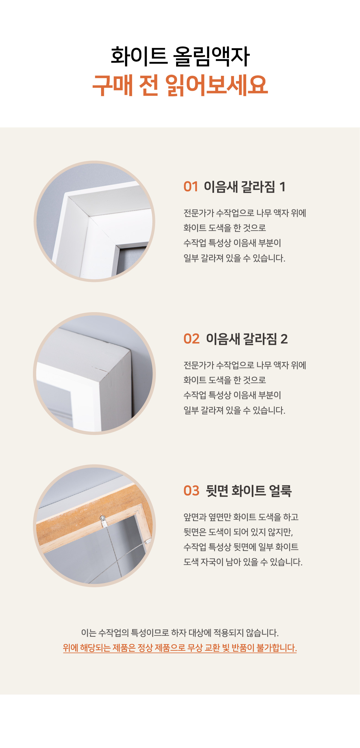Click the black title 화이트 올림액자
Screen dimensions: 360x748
[180, 56]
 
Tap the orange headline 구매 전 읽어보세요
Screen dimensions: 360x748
[180, 85]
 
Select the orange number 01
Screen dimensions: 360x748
[191, 187]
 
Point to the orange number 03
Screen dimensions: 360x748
[191, 491]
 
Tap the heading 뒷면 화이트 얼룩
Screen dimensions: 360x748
[249, 491]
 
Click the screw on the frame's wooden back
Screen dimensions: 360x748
[102, 518]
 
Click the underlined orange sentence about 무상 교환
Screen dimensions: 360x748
[180, 648]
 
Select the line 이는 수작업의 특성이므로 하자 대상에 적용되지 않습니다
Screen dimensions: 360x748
[180, 633]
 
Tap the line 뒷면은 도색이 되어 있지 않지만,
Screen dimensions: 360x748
[238, 532]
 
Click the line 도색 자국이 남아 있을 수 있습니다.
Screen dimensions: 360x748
[243, 562]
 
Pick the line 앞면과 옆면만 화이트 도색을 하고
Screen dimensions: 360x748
[241, 517]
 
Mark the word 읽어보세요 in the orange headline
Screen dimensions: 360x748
[217, 85]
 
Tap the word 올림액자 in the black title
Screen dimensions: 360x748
[211, 56]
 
